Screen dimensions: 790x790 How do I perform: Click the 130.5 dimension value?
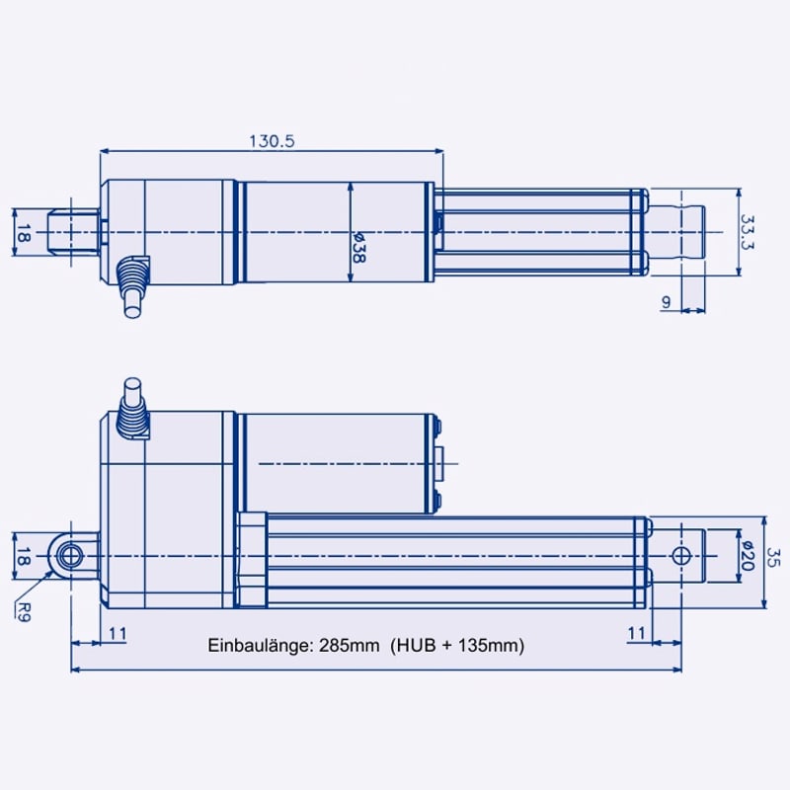pyautogui.click(x=272, y=141)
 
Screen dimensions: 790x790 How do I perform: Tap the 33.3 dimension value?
pyautogui.click(x=748, y=231)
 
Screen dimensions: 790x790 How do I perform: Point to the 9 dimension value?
pyautogui.click(x=667, y=302)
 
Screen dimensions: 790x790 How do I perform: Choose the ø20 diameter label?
pyautogui.click(x=748, y=556)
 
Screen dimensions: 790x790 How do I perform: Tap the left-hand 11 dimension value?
pyautogui.click(x=117, y=632)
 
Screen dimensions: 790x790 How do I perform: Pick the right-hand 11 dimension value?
pyautogui.click(x=637, y=632)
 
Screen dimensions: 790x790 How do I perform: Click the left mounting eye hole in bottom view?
pyautogui.click(x=71, y=556)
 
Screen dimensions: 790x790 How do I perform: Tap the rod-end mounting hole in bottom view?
pyautogui.click(x=680, y=556)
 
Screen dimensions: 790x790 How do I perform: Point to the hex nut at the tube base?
pyautogui.click(x=253, y=558)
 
